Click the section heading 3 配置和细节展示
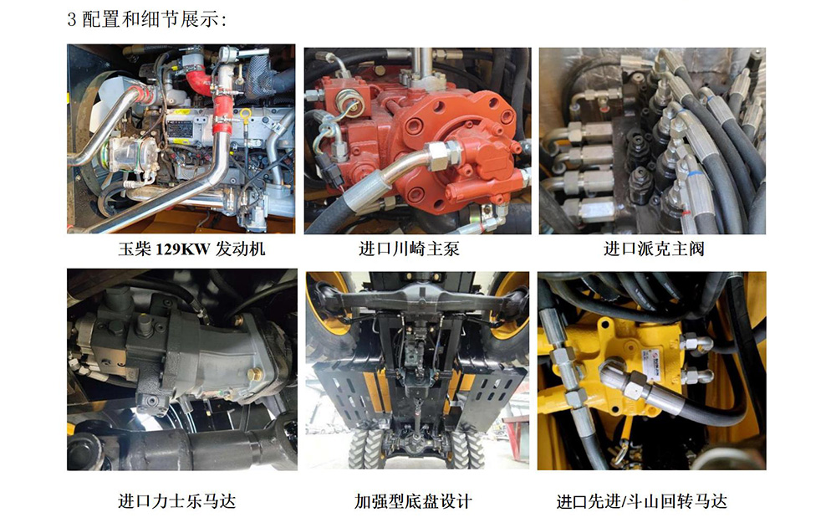click(x=146, y=20)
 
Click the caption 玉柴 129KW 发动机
click(x=191, y=249)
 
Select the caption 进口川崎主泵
click(x=409, y=249)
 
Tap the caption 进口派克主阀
click(x=655, y=249)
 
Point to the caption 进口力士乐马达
click(x=176, y=501)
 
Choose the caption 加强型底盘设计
click(x=413, y=501)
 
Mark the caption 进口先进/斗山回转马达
click(x=642, y=501)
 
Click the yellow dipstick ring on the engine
click(x=245, y=115)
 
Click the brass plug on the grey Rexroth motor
click(x=256, y=373)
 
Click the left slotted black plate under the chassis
click(x=346, y=395)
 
